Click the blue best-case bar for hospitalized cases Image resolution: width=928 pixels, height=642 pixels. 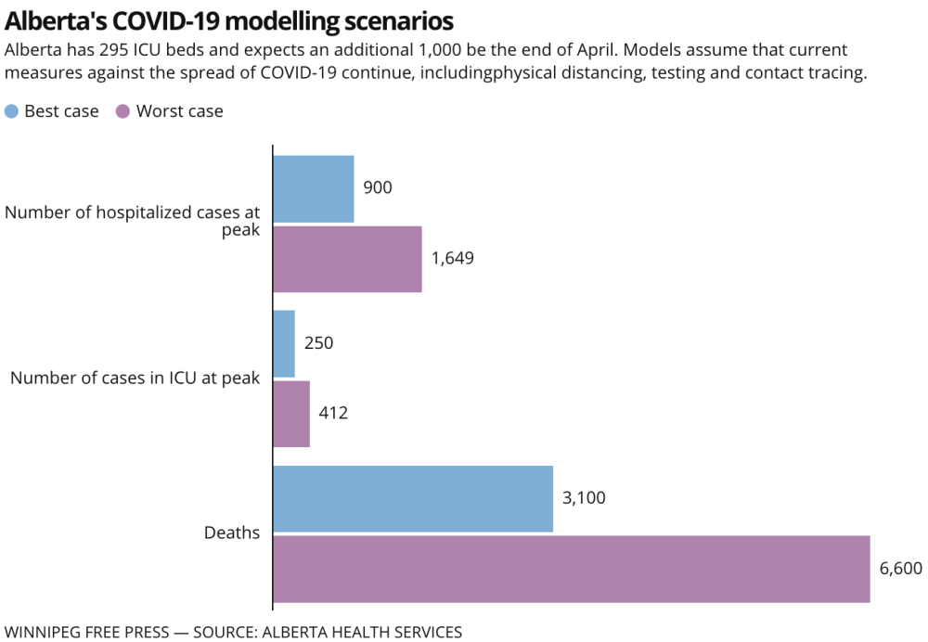pyautogui.click(x=314, y=189)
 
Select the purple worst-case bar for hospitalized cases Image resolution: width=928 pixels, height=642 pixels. pyautogui.click(x=347, y=259)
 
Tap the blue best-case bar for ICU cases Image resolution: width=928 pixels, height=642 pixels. pyautogui.click(x=284, y=343)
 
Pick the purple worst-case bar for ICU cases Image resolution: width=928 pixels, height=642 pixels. pyautogui.click(x=291, y=414)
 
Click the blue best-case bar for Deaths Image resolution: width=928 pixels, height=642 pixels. pyautogui.click(x=413, y=498)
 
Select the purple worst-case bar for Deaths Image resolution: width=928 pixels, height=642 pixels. pyautogui.click(x=572, y=569)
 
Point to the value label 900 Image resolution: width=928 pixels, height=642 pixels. pyautogui.click(x=378, y=188)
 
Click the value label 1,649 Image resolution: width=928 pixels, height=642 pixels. pyautogui.click(x=452, y=259)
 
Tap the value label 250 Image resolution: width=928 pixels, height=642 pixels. pyautogui.click(x=318, y=343)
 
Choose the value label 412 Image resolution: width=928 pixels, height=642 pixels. pyautogui.click(x=333, y=414)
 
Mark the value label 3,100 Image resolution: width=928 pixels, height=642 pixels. pyautogui.click(x=584, y=498)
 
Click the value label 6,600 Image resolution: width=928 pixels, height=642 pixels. pyautogui.click(x=900, y=569)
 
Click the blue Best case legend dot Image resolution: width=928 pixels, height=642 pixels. pyautogui.click(x=11, y=111)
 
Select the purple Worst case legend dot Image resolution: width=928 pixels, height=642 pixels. pyautogui.click(x=122, y=111)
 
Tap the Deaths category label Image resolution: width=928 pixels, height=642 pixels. pyautogui.click(x=232, y=533)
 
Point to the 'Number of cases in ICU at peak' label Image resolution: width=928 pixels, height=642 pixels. pyautogui.click(x=135, y=379)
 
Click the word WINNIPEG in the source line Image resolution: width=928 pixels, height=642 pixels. pyautogui.click(x=43, y=632)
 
